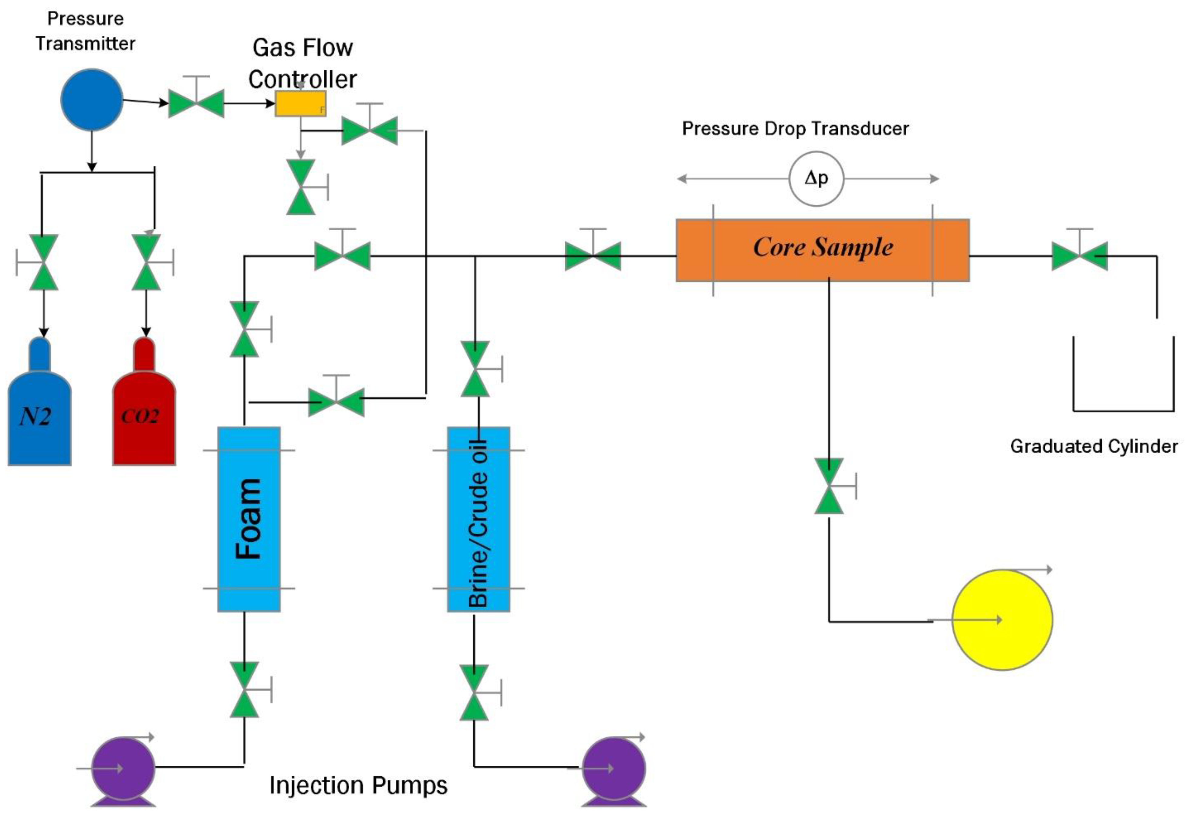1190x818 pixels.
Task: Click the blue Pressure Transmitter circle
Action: [92, 100]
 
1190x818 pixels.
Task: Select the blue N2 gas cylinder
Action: [39, 410]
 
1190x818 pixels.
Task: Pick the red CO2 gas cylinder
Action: [144, 410]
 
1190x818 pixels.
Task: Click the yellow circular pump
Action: [1002, 620]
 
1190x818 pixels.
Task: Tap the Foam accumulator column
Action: [249, 519]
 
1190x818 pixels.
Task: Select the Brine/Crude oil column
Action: [478, 519]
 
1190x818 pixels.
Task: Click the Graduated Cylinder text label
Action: [1094, 446]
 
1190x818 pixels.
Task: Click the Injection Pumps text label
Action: [358, 785]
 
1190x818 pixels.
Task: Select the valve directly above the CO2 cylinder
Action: [147, 262]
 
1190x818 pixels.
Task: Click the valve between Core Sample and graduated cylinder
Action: [1079, 256]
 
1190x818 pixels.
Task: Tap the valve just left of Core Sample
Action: [593, 256]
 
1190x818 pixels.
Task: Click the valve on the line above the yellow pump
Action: [829, 486]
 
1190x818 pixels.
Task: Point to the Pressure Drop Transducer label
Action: [795, 129]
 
